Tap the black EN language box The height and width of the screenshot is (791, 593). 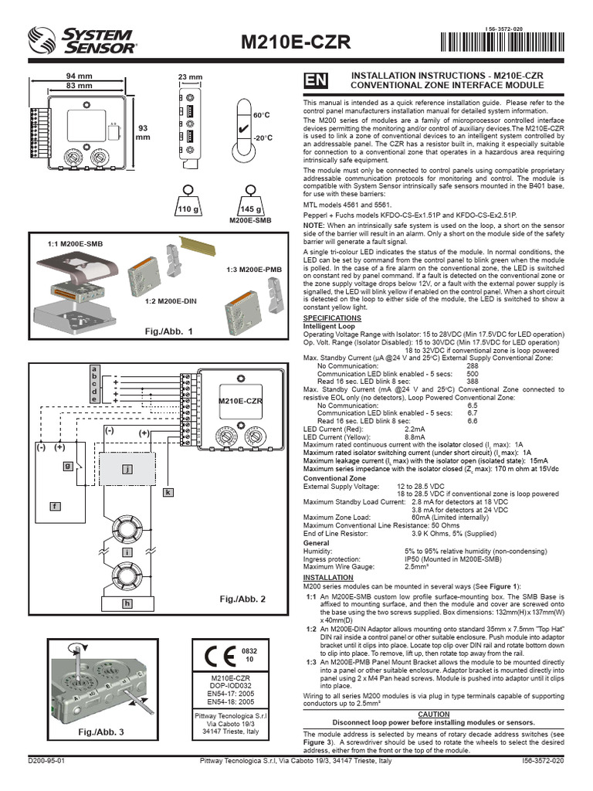[x=315, y=80]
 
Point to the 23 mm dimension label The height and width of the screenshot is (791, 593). [x=190, y=77]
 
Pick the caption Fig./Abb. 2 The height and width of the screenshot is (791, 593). [x=242, y=599]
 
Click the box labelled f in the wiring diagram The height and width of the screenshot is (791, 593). [x=55, y=505]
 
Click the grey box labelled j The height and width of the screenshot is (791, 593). [x=127, y=468]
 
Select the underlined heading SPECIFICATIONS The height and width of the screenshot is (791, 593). [x=331, y=317]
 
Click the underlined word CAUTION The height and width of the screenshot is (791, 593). [x=433, y=715]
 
